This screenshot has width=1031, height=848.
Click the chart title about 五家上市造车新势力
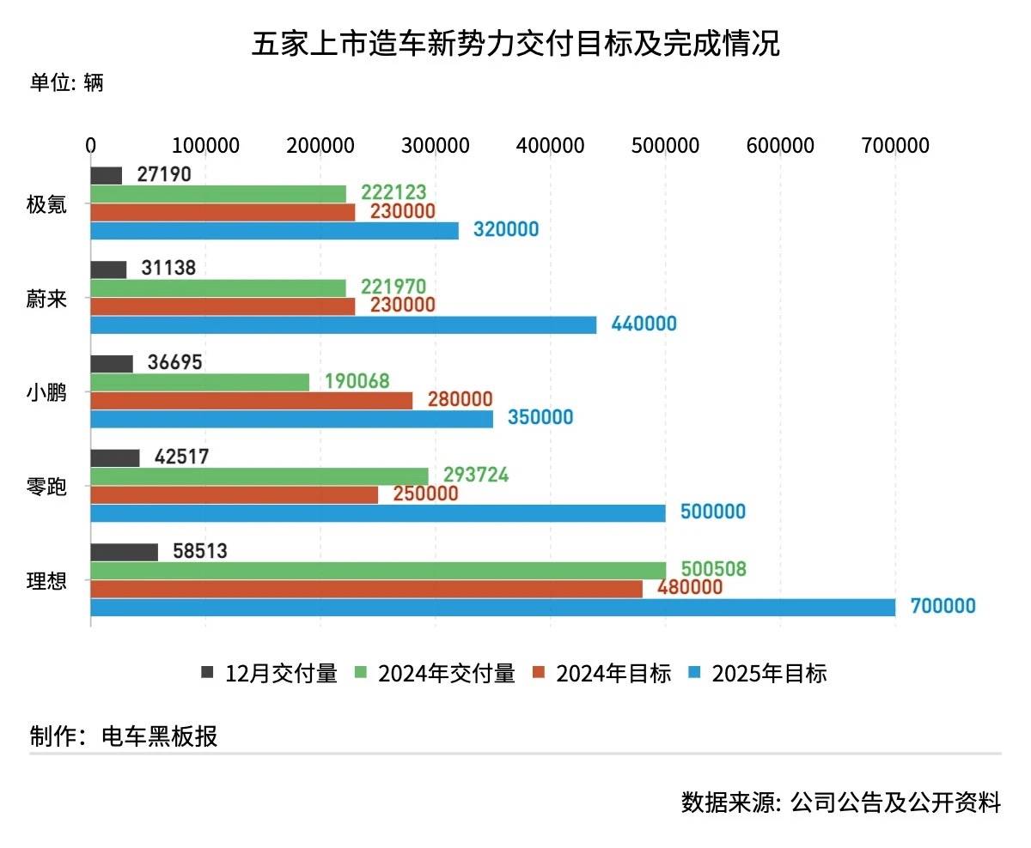[x=515, y=43]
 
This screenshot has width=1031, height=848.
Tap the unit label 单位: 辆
[x=66, y=82]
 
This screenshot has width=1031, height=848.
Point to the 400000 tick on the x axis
[x=550, y=145]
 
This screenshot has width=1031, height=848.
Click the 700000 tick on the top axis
[x=895, y=145]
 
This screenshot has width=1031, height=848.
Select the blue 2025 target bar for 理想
[x=492, y=607]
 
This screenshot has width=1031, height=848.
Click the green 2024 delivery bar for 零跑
[x=259, y=475]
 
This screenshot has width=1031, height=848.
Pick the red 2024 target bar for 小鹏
[x=251, y=400]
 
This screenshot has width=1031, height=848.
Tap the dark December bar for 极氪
[x=106, y=175]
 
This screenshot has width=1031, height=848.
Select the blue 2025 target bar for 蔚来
[x=343, y=324]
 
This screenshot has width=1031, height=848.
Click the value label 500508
[x=713, y=569]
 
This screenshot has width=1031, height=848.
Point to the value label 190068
[x=357, y=381]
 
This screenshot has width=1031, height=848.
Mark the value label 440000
[x=644, y=324]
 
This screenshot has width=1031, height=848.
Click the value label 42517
[x=181, y=457]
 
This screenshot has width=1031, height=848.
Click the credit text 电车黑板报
[x=160, y=736]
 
